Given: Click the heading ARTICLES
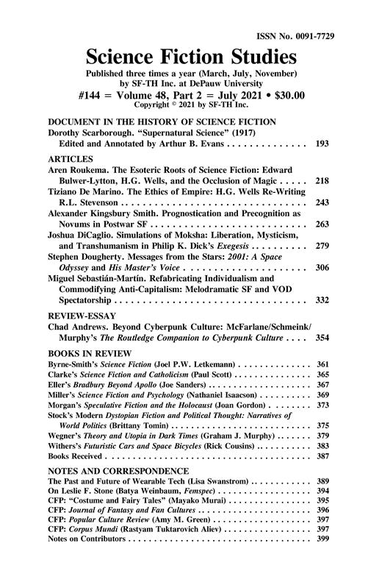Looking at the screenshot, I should tap(71, 158).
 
